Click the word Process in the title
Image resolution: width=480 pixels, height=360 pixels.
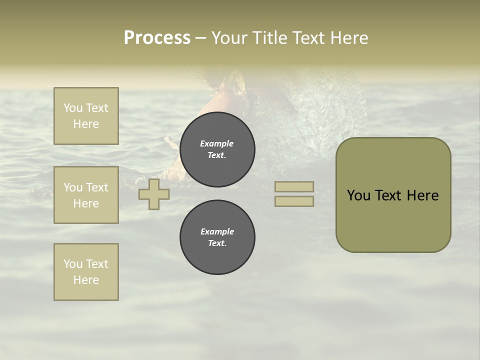click(157, 38)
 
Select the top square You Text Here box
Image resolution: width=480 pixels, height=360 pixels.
click(86, 116)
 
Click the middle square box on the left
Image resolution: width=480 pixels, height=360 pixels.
click(86, 195)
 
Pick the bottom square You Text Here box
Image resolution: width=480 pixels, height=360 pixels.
click(86, 272)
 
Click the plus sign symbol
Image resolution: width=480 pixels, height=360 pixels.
click(154, 194)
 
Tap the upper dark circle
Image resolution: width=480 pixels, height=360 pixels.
click(217, 149)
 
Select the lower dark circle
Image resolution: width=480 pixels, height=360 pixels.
click(217, 237)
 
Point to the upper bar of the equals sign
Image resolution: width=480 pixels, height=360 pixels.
click(294, 187)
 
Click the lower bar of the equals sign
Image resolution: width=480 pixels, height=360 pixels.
click(294, 201)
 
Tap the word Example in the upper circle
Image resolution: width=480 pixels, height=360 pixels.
click(216, 143)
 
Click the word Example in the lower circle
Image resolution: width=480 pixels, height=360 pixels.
click(217, 231)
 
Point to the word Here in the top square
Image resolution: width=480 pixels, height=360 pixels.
click(86, 124)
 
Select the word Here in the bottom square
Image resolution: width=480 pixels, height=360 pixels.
click(86, 280)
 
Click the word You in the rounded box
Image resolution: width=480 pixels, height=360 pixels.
click(358, 195)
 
